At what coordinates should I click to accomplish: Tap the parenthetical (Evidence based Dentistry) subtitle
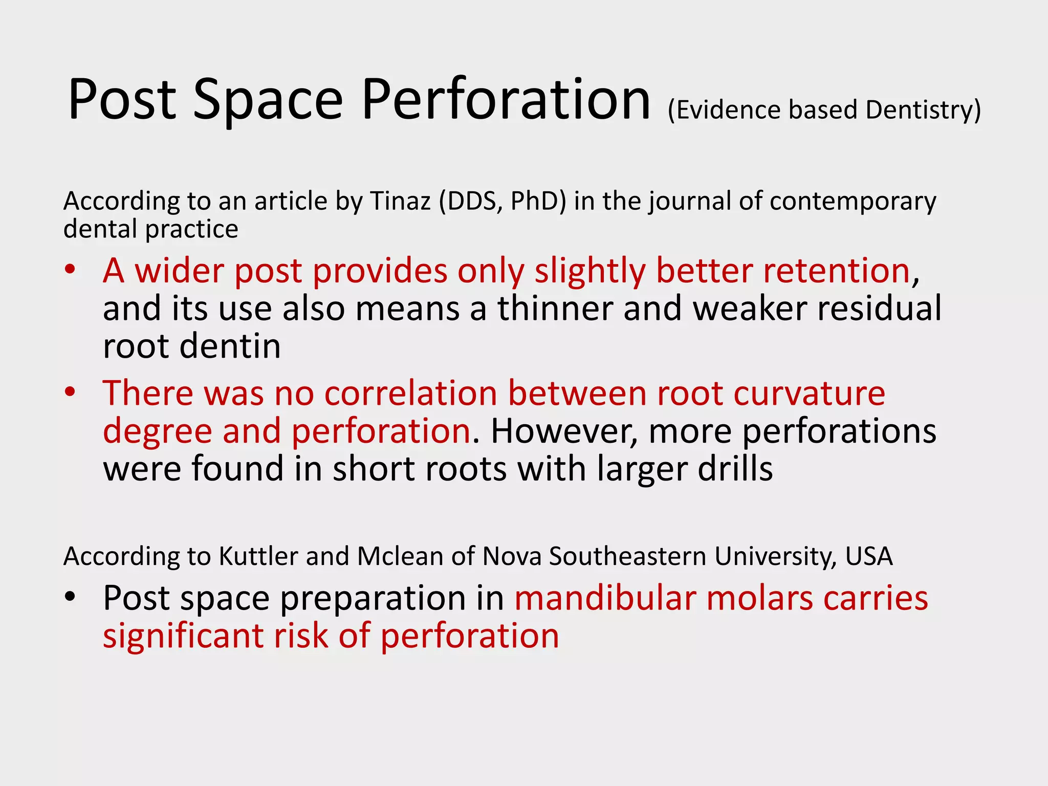tap(824, 110)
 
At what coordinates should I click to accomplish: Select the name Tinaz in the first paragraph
tap(400, 201)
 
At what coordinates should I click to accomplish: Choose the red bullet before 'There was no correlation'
tap(70, 392)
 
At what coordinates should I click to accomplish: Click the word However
tap(563, 431)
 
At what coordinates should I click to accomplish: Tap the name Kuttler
tap(258, 556)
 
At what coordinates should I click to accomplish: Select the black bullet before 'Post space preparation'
tap(70, 597)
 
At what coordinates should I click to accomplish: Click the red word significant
tap(182, 636)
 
